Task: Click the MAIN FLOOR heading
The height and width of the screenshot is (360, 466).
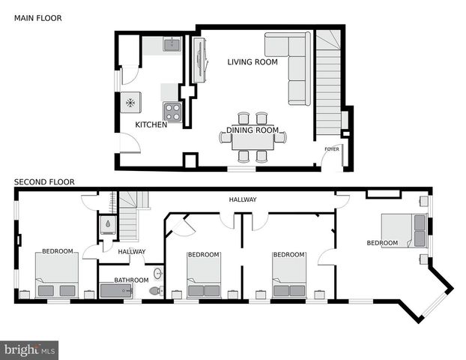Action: click(38, 17)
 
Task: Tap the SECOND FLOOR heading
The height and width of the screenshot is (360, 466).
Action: click(43, 181)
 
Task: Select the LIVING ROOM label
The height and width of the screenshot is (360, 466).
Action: click(252, 62)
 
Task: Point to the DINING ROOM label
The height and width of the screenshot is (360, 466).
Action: click(252, 130)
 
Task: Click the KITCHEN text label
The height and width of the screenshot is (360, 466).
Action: click(151, 124)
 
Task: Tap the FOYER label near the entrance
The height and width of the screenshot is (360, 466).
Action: click(331, 149)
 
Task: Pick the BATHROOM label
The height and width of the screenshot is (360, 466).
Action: click(132, 280)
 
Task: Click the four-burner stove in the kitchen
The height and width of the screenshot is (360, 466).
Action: click(172, 112)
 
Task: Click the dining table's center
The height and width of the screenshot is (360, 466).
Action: click(252, 138)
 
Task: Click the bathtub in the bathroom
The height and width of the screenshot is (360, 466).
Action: click(123, 290)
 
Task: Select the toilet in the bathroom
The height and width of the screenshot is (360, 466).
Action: click(156, 290)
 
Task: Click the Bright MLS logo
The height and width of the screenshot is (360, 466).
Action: click(29, 349)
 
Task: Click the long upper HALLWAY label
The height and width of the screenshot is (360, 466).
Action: click(243, 199)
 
